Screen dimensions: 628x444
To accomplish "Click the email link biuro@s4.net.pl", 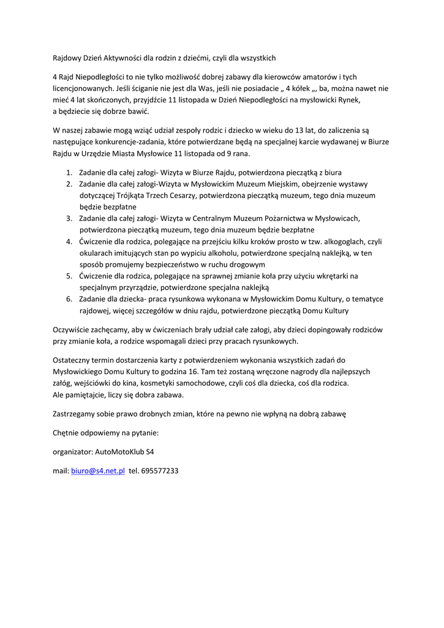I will pyautogui.click(x=98, y=471).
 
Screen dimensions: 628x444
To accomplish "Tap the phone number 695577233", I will pyautogui.click(x=160, y=471).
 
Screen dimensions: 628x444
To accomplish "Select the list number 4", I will pyautogui.click(x=69, y=242).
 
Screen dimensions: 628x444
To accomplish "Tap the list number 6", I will pyautogui.click(x=69, y=299).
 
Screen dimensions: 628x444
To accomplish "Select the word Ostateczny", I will pyautogui.click(x=73, y=360).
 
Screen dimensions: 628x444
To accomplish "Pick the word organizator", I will pyautogui.click(x=73, y=451).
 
